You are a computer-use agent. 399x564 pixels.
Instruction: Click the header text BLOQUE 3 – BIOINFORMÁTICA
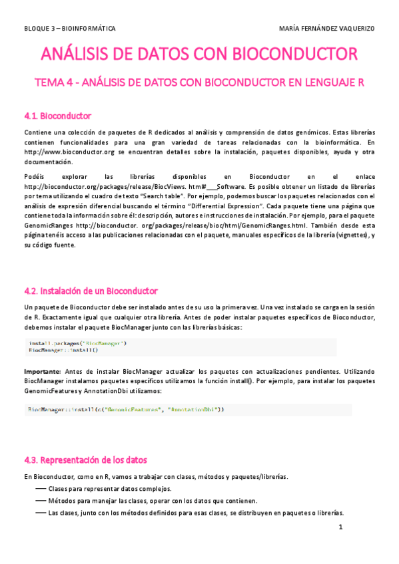pos(69,29)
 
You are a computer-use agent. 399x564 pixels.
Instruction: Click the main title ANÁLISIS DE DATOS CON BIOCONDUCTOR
pos(199,54)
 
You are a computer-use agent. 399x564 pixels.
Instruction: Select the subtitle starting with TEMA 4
pos(199,82)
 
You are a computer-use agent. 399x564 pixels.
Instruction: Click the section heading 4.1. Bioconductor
pos(57,116)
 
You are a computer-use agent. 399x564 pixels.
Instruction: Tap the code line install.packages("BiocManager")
pos(77,343)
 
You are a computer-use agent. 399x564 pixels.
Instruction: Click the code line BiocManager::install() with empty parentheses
pos(63,349)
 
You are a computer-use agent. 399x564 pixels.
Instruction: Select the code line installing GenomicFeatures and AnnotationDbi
pos(127,410)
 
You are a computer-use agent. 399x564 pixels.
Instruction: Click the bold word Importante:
pos(43,370)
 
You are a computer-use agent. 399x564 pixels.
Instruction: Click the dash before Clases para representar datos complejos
pos(40,489)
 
